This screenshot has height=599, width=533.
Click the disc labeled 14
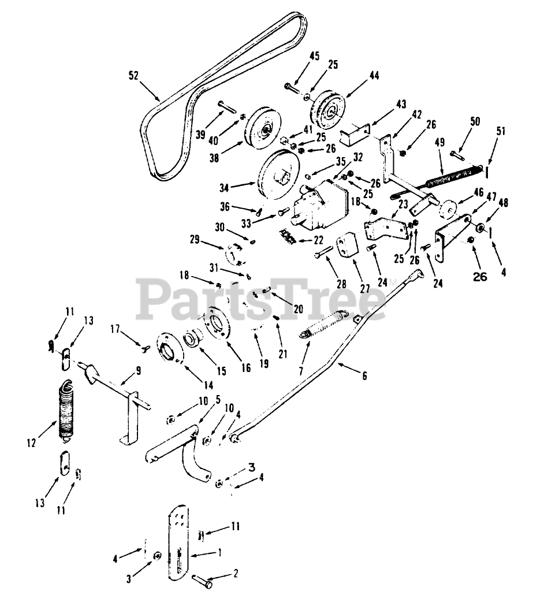(x=172, y=349)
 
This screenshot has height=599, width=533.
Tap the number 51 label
(x=500, y=131)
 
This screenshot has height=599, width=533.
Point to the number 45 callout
(x=314, y=56)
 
